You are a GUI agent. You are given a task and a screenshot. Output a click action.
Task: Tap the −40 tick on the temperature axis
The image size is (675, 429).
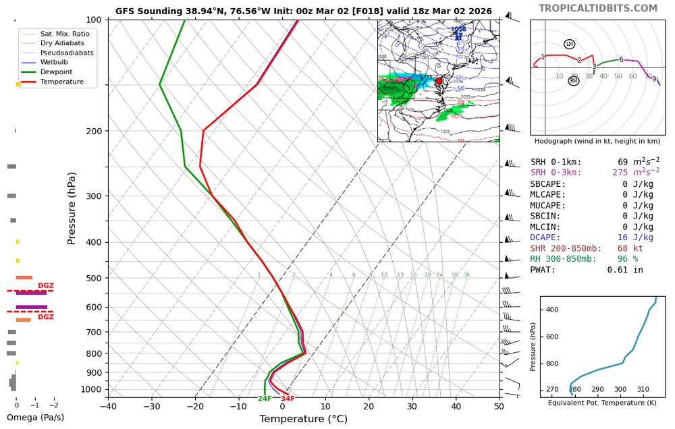pos(108,405)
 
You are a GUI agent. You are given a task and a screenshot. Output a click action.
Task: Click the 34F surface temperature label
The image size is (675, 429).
pos(288,399)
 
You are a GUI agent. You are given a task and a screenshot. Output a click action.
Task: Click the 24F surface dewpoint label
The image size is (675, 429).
pos(265,399)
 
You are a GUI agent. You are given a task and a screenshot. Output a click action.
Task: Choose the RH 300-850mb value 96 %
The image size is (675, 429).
pos(627,259)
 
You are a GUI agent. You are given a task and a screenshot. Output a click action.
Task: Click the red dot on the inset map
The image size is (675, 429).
pos(439,81)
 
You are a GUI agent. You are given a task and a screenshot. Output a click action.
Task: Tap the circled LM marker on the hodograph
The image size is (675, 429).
pos(569,45)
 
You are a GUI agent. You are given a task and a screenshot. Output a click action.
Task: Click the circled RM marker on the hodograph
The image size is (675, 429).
pos(574,81)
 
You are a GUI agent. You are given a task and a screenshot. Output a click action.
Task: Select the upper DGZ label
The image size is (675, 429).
pos(46,286)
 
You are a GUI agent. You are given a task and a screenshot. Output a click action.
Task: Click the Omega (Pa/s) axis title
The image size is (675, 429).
pos(35,418)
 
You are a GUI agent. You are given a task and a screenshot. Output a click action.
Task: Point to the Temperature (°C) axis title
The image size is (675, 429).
pos(303,419)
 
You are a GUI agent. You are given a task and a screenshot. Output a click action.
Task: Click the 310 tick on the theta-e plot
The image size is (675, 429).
pos(643,390)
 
